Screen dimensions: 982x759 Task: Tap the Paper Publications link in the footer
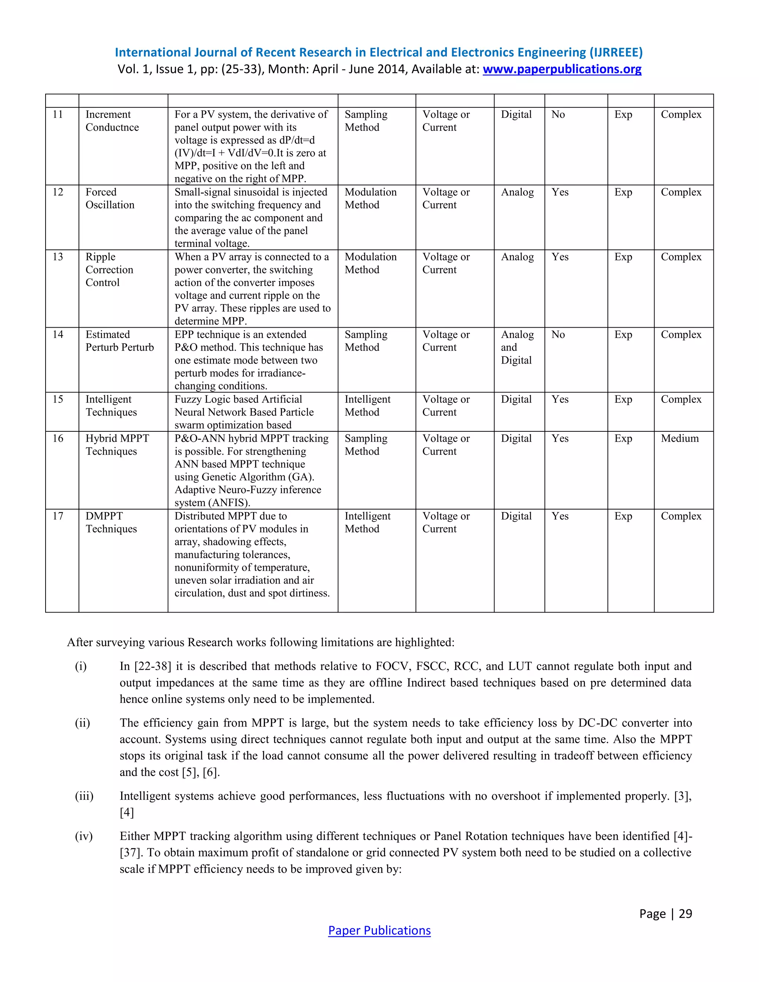[x=379, y=930]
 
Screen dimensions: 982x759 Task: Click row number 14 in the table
[x=58, y=335]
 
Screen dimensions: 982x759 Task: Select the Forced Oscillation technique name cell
[x=110, y=198]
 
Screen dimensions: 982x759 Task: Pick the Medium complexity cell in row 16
[x=679, y=438]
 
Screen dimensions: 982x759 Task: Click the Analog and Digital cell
[x=517, y=347]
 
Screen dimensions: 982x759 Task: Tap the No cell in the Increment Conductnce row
[x=558, y=115]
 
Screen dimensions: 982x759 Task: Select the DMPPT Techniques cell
[x=111, y=522]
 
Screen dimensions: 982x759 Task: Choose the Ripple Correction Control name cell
[x=109, y=269]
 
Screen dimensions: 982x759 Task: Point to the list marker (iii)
[x=84, y=796]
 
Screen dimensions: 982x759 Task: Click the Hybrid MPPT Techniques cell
[x=117, y=445]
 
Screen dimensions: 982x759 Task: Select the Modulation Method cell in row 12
[x=371, y=198]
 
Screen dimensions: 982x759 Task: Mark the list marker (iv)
[x=84, y=836]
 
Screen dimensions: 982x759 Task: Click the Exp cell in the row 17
[x=623, y=516]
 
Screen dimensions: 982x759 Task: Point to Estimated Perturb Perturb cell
[x=120, y=341]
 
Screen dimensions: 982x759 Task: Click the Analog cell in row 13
[x=517, y=257]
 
